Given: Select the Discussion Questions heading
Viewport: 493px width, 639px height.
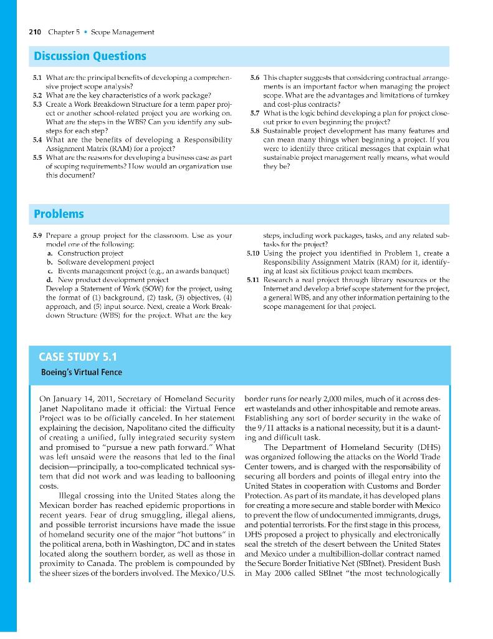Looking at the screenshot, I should point(90,56).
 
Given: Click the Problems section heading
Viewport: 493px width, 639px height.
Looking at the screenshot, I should point(59,214).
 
